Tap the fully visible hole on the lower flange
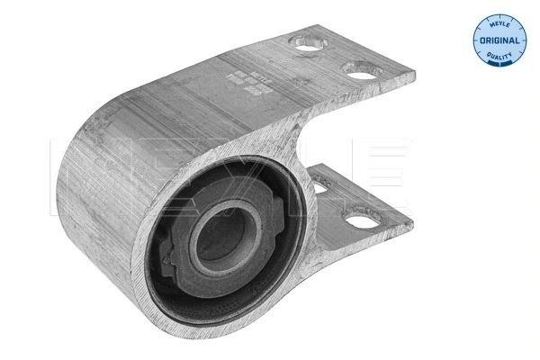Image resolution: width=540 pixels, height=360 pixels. [x=362, y=219]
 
